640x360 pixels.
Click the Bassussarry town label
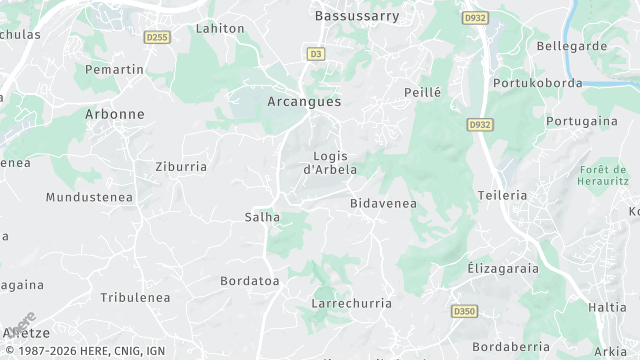(356, 16)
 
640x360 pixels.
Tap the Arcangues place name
(304, 102)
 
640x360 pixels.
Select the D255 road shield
(157, 38)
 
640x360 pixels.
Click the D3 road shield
(316, 54)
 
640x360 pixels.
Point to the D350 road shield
(463, 312)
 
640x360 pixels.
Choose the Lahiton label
(220, 29)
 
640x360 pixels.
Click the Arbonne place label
(115, 115)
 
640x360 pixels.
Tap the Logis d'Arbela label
(330, 162)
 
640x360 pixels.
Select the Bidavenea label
(383, 204)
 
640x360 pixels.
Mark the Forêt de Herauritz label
(602, 176)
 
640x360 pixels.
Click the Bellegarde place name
(572, 46)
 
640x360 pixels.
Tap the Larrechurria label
(351, 303)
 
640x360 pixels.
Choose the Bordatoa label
(249, 282)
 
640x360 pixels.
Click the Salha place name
(262, 217)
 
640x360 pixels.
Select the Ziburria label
(181, 167)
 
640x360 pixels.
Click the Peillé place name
(422, 92)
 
